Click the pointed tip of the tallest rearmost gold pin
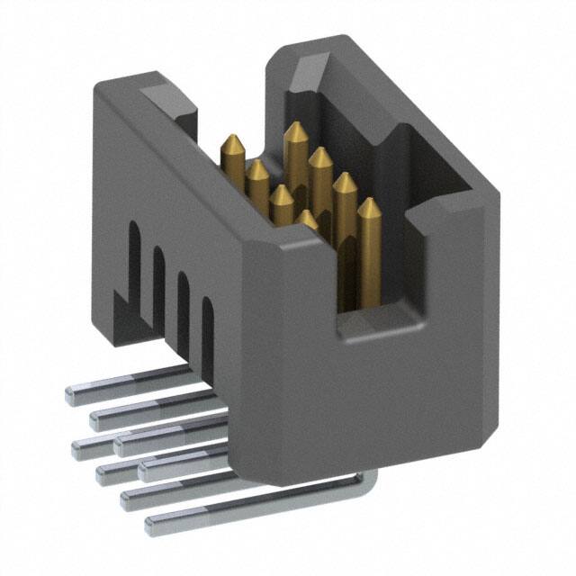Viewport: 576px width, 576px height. (x=293, y=129)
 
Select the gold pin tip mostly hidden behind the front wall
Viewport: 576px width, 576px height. (x=307, y=216)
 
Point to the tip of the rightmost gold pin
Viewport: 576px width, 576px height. (x=367, y=204)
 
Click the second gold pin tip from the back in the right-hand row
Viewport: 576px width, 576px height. (x=319, y=154)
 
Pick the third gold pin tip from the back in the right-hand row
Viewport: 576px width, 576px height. (x=344, y=179)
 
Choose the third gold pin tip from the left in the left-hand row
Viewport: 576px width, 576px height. (x=281, y=191)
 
